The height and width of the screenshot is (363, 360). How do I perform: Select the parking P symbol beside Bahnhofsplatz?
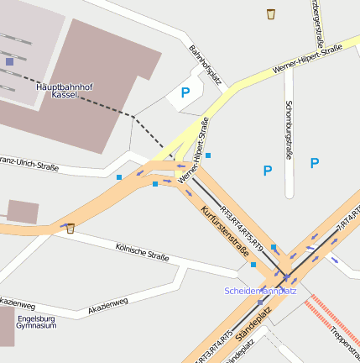(x=185, y=94)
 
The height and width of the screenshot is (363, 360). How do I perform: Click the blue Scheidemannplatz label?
(x=260, y=291)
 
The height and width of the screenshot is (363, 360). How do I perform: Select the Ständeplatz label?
(x=253, y=324)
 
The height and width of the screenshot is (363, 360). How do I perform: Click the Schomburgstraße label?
(x=289, y=130)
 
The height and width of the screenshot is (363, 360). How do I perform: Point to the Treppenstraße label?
(x=344, y=340)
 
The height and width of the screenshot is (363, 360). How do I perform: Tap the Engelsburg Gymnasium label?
(x=36, y=322)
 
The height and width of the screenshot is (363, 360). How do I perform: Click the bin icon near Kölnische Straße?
(x=70, y=228)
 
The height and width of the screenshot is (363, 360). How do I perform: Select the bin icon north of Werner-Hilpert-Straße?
(x=271, y=13)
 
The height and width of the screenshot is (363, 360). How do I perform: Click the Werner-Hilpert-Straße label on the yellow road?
(x=307, y=60)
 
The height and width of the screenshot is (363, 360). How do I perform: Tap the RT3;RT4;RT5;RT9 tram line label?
(x=243, y=227)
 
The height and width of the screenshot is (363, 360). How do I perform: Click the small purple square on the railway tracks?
(x=9, y=61)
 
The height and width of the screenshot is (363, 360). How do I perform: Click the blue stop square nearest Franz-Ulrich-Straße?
(x=119, y=177)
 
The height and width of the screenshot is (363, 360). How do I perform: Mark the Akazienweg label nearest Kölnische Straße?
(x=108, y=307)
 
